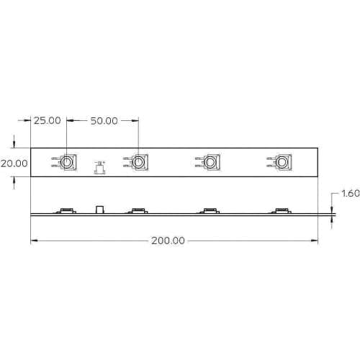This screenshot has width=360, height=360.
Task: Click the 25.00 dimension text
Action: point(48,120)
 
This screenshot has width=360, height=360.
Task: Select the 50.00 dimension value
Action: point(103,120)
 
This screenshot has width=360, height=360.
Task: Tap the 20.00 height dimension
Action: point(14,163)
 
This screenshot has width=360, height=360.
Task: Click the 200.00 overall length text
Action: point(168,241)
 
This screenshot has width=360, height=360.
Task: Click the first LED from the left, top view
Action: point(66,163)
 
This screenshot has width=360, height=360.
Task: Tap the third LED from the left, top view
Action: point(210,163)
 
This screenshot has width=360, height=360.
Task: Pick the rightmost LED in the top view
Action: point(281,163)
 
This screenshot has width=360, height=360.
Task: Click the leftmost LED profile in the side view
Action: point(66,210)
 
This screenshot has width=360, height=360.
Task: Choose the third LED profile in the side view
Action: point(210,210)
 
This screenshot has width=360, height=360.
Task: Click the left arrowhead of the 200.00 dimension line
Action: point(33,240)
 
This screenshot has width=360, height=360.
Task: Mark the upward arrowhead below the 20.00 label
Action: point(14,181)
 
